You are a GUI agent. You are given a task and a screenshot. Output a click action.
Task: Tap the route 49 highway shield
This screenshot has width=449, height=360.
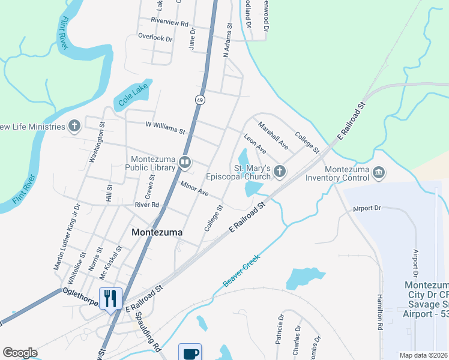tap(200, 100)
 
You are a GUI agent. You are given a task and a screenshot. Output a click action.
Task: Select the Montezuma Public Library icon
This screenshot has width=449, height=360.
tap(186, 161)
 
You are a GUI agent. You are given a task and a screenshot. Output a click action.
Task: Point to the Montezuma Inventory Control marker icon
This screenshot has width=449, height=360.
tap(379, 173)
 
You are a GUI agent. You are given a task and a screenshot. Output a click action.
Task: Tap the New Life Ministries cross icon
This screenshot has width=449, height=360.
tap(74, 126)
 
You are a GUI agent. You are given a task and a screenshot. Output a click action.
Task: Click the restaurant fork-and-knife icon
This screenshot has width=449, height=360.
tap(110, 298)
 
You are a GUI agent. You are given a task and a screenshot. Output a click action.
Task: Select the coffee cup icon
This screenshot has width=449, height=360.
tap(190, 353)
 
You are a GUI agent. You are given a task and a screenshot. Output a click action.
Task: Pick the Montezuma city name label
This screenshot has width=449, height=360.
tap(157, 232)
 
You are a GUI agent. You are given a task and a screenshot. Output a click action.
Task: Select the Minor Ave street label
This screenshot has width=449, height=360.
tap(194, 189)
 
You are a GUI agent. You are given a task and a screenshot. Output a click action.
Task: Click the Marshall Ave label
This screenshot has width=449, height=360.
tap(273, 135)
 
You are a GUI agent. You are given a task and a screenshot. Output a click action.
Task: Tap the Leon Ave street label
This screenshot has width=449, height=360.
tap(254, 143)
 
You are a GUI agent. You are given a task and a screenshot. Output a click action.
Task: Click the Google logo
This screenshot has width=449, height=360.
tap(20, 352)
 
